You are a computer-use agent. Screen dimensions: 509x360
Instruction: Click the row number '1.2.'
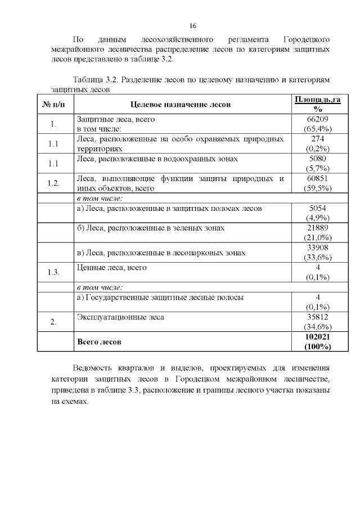pyautogui.click(x=53, y=183)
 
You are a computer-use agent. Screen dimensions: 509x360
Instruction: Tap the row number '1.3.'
pyautogui.click(x=53, y=272)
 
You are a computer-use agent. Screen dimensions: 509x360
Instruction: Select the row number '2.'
pyautogui.click(x=53, y=322)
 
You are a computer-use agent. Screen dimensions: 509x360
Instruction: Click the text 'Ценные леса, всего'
pyautogui.click(x=111, y=268)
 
